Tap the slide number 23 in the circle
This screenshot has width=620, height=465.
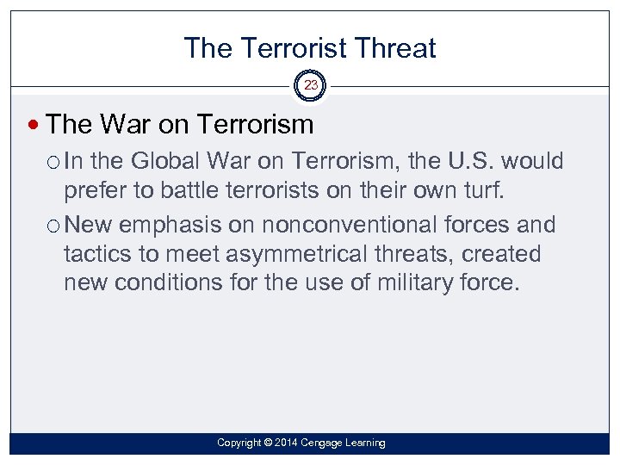[x=310, y=85]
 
